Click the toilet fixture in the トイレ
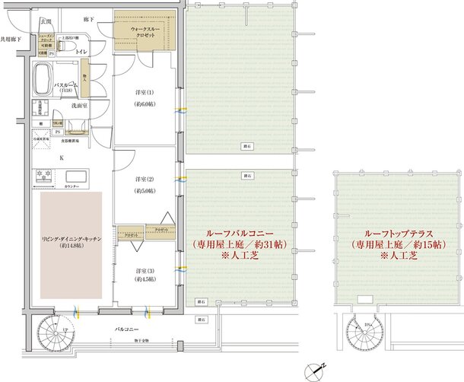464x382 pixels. [67, 46]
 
